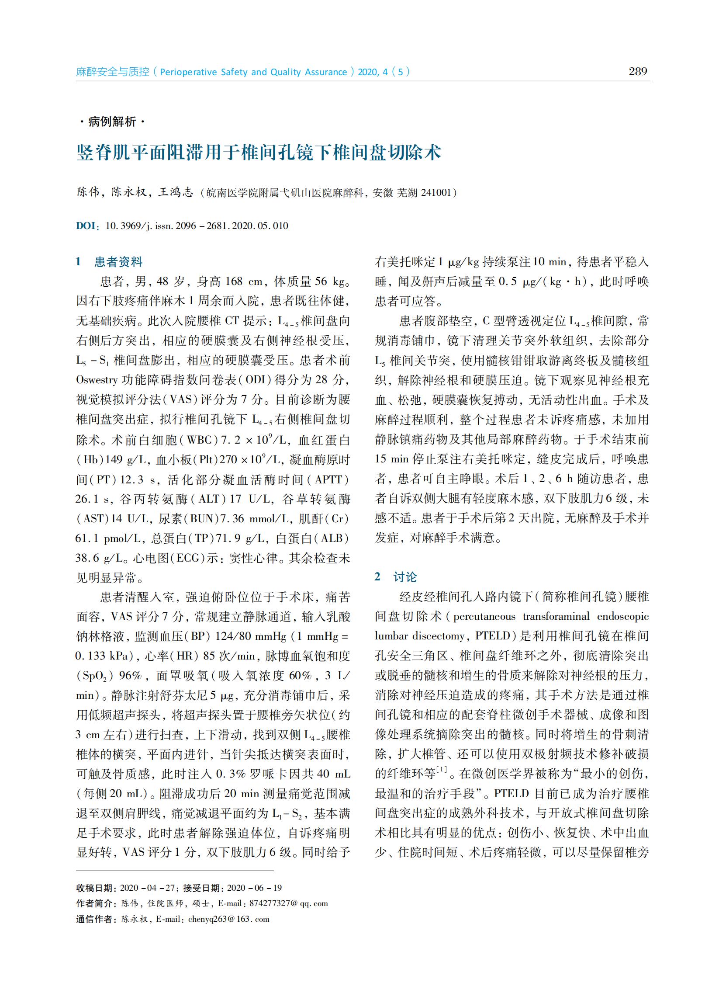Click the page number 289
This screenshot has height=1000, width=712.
pyautogui.click(x=637, y=72)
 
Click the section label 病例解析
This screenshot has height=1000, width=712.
pyautogui.click(x=112, y=122)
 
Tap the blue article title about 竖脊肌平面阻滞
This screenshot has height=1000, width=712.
pyautogui.click(x=259, y=153)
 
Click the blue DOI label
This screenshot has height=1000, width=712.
pyautogui.click(x=86, y=226)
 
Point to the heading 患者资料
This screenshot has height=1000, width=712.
pyautogui.click(x=118, y=262)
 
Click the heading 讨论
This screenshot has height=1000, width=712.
pyautogui.click(x=404, y=577)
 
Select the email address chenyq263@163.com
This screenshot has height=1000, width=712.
pyautogui.click(x=228, y=919)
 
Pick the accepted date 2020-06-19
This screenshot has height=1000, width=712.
pyautogui.click(x=254, y=888)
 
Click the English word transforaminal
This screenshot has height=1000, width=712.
pyautogui.click(x=556, y=616)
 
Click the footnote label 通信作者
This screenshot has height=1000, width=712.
pyautogui.click(x=96, y=919)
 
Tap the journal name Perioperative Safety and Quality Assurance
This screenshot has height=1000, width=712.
pyautogui.click(x=253, y=72)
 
